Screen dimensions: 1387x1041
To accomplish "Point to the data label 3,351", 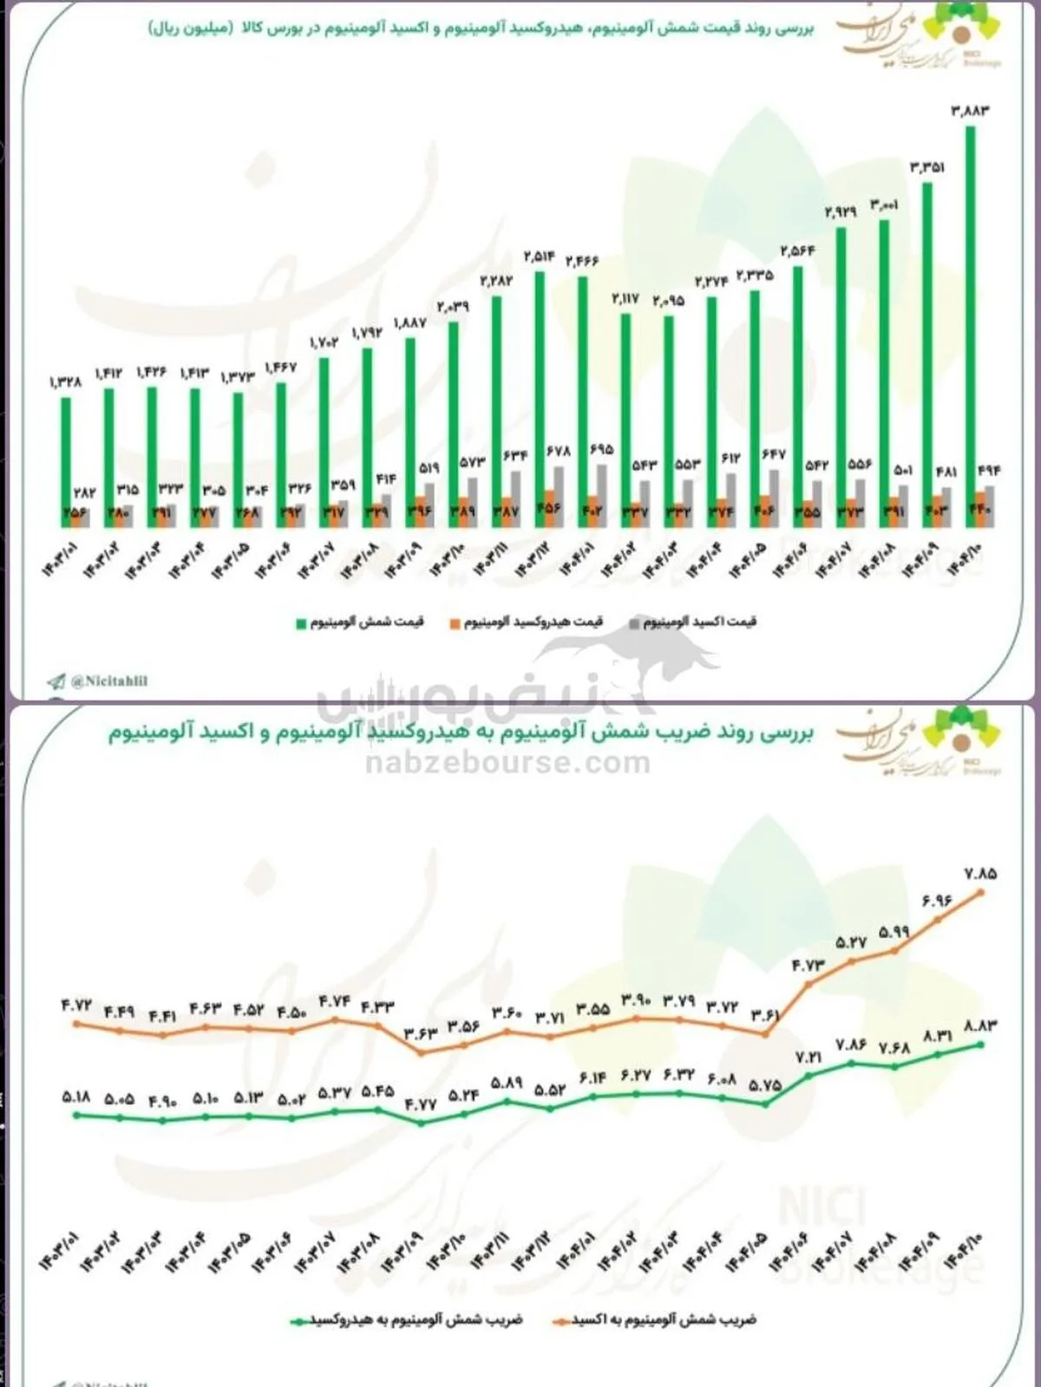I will coord(926,167).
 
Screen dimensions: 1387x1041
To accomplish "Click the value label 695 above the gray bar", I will coord(600,450).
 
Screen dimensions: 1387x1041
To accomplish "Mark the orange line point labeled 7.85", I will coord(981,891).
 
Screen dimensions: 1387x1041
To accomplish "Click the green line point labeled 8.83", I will coord(981,1044).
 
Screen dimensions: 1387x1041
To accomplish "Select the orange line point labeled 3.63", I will coord(421,1052).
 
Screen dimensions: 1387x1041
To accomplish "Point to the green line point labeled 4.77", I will coord(421,1123).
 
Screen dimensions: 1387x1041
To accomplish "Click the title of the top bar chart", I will coord(481,29).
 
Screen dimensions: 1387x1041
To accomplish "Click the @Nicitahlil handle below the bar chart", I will coord(108,681).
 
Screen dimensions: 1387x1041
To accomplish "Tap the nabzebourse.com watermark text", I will coord(507,763).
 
